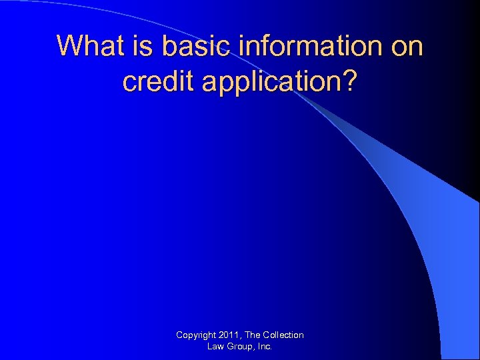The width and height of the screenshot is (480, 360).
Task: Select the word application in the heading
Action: click(x=269, y=82)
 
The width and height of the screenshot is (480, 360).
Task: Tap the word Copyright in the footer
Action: click(x=196, y=335)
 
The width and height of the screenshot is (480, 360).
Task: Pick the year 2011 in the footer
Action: click(x=230, y=335)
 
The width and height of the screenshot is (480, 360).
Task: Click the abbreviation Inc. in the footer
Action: click(x=264, y=347)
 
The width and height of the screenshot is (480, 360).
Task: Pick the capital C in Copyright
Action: click(x=179, y=335)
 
